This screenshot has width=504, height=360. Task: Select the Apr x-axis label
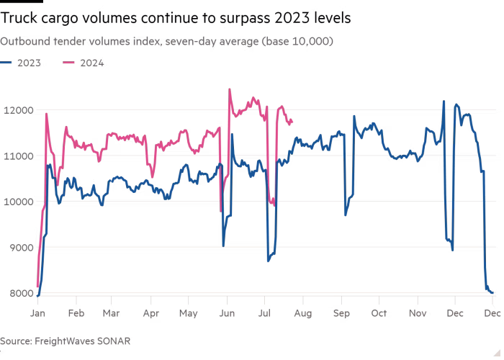tap(150, 314)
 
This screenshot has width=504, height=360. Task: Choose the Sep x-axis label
tap(341, 314)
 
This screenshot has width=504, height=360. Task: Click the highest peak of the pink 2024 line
tap(229, 89)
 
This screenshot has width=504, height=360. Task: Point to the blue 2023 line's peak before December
tap(444, 102)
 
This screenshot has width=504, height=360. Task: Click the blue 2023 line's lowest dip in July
tap(268, 261)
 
